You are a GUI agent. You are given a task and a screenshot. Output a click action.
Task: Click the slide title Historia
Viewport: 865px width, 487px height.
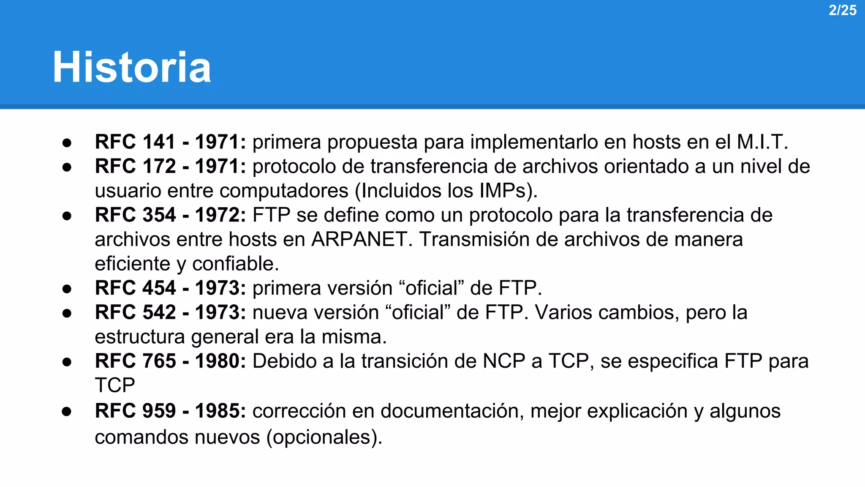(x=132, y=67)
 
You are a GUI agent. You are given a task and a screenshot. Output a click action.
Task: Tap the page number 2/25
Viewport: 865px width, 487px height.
(x=842, y=10)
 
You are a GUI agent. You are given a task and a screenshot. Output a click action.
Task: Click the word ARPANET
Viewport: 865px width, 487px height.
(x=362, y=239)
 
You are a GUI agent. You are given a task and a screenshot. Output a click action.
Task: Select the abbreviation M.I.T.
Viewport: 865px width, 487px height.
(x=762, y=142)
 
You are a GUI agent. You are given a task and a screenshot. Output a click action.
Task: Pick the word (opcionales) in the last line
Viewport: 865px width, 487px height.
(x=324, y=437)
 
